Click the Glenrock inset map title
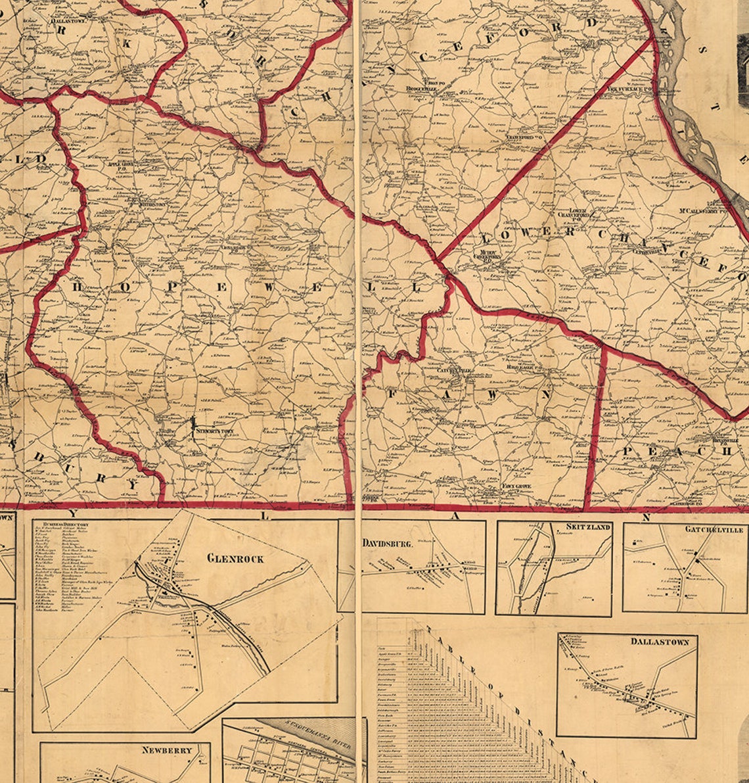235,558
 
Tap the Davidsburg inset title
387,544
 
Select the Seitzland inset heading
588,527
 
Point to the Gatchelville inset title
714,529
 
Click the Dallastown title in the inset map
660,641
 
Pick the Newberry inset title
167,749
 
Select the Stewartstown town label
212,431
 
